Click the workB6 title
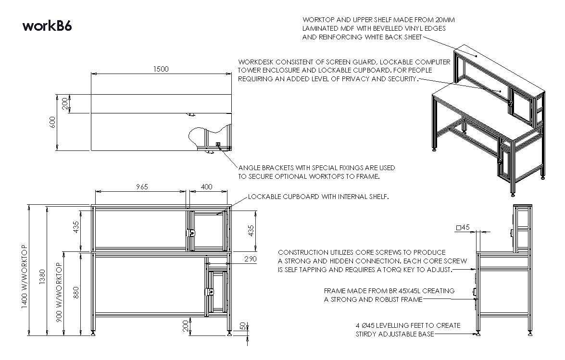click(x=47, y=26)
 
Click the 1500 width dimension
click(x=161, y=69)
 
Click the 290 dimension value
click(x=250, y=259)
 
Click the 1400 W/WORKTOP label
click(x=25, y=276)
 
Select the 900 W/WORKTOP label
click(x=59, y=292)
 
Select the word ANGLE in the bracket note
click(x=250, y=168)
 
